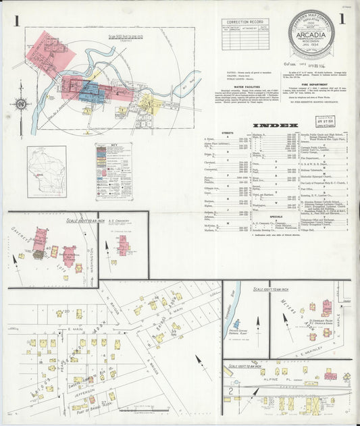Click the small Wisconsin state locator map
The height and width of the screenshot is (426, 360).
pos(47,171)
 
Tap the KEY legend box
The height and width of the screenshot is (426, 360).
pos(113,171)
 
